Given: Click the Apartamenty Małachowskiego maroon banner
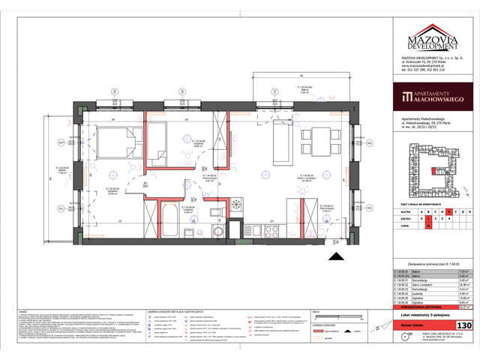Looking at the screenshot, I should coord(430,97).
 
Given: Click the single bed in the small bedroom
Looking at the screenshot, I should coord(159,144).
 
